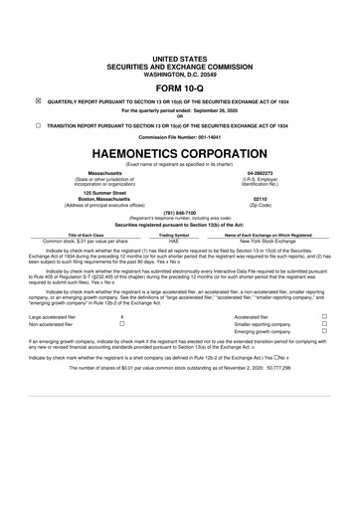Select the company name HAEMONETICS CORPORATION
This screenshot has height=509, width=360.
tap(180, 154)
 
